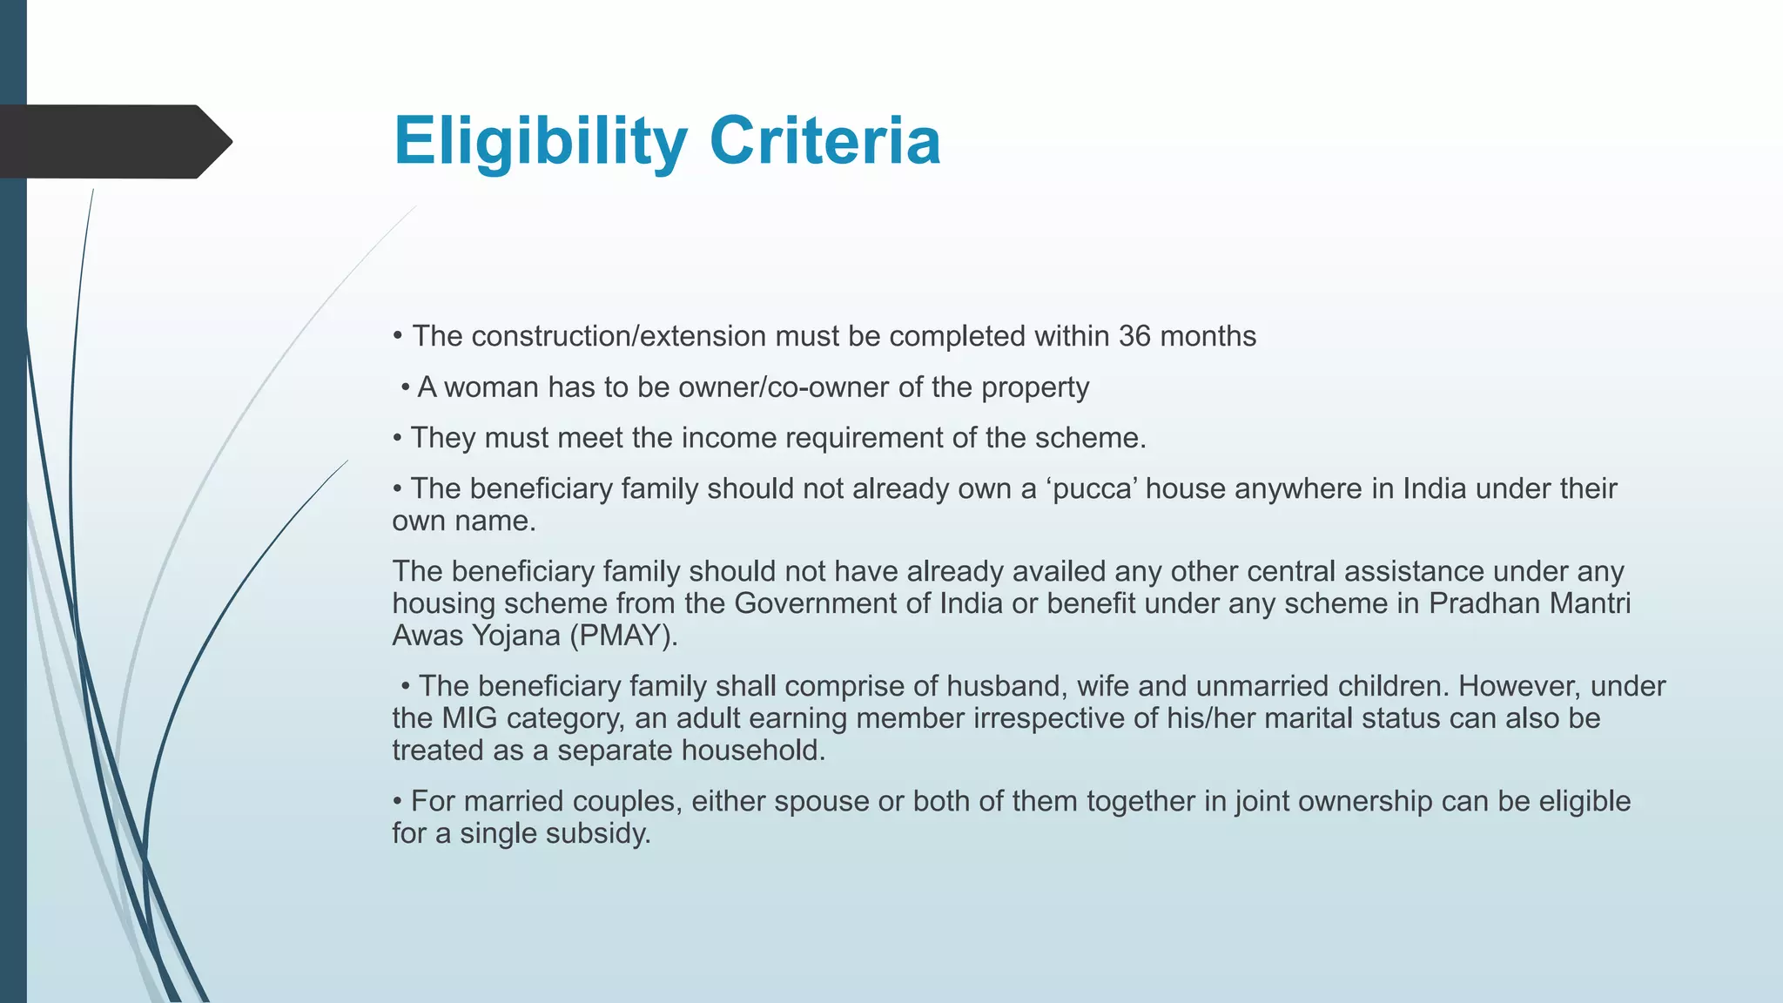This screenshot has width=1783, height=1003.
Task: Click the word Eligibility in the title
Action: [541, 141]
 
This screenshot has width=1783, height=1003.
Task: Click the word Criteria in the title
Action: [824, 141]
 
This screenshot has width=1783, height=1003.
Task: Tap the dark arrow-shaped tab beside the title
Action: [113, 142]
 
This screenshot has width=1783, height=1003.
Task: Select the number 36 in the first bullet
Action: [1134, 336]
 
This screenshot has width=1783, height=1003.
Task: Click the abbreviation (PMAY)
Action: [623, 636]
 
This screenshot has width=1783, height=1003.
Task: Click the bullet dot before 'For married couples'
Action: [397, 801]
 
